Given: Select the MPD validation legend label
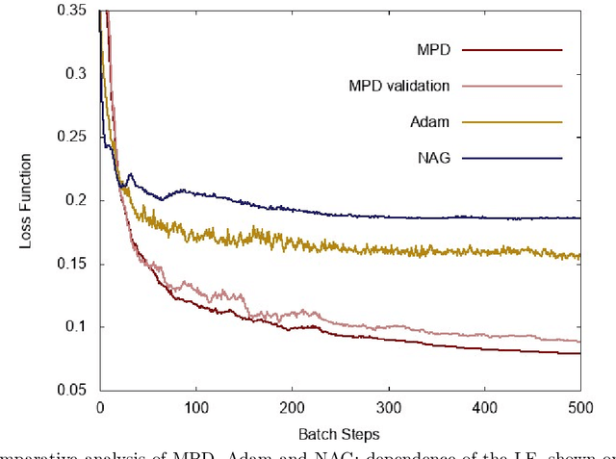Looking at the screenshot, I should [399, 86].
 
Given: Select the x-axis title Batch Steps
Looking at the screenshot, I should [338, 435].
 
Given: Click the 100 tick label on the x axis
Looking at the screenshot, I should [195, 407].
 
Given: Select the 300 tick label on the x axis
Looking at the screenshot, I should [388, 407].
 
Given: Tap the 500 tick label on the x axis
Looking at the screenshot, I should [580, 407].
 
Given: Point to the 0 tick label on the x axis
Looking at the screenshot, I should [99, 407].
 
